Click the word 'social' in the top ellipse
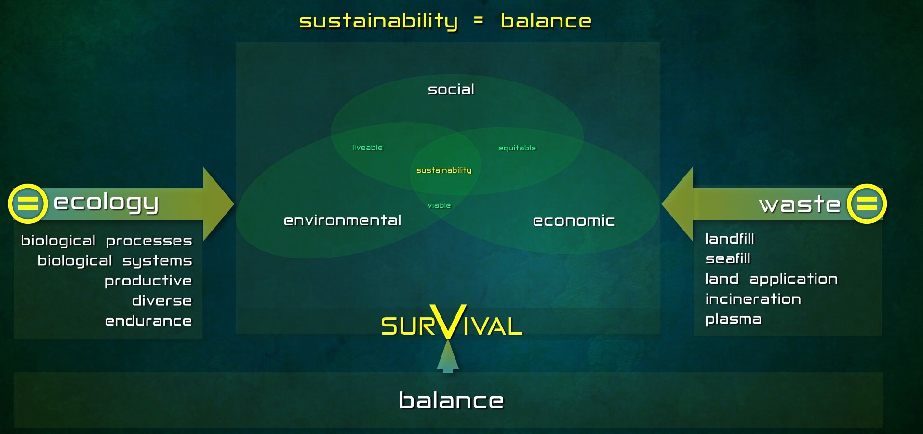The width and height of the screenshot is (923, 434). (451, 89)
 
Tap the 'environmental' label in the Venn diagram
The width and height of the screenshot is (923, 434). (343, 220)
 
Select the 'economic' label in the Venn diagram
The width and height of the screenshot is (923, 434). (574, 221)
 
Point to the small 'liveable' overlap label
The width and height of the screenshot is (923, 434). (367, 148)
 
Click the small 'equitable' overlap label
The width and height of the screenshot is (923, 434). (517, 148)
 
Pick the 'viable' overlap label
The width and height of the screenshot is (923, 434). (439, 205)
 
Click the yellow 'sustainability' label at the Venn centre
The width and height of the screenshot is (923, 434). (444, 170)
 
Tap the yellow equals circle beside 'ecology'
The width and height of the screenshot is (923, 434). (27, 203)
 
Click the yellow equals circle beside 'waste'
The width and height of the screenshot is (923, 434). (867, 203)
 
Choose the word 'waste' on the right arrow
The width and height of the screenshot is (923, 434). (800, 204)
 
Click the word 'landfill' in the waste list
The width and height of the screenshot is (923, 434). (730, 239)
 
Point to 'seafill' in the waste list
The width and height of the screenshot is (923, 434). (728, 259)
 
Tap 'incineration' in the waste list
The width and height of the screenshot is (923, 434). (753, 299)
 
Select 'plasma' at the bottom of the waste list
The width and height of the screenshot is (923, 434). (733, 320)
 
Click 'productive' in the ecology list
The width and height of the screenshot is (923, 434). (148, 281)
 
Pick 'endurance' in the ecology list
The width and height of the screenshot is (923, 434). (148, 321)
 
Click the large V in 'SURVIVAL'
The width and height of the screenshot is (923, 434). (448, 321)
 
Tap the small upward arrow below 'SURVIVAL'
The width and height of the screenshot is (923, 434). (448, 356)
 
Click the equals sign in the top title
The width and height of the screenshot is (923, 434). (478, 20)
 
